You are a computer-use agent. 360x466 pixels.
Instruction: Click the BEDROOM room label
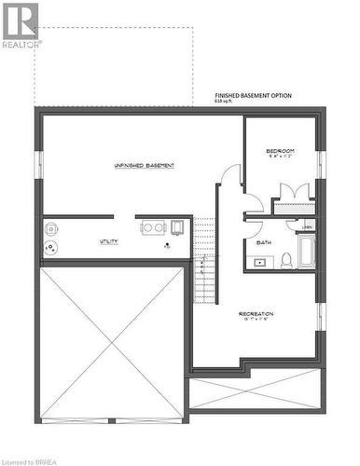(x=280, y=150)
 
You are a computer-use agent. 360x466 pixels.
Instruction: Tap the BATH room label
(x=264, y=242)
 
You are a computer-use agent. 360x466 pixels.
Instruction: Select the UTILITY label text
(x=109, y=241)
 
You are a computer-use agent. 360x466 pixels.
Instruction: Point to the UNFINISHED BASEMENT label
(x=145, y=165)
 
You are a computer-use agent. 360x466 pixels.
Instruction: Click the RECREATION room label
(x=255, y=313)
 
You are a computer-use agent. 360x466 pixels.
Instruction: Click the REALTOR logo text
(x=21, y=44)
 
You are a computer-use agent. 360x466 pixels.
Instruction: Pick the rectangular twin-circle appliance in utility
(x=155, y=226)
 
